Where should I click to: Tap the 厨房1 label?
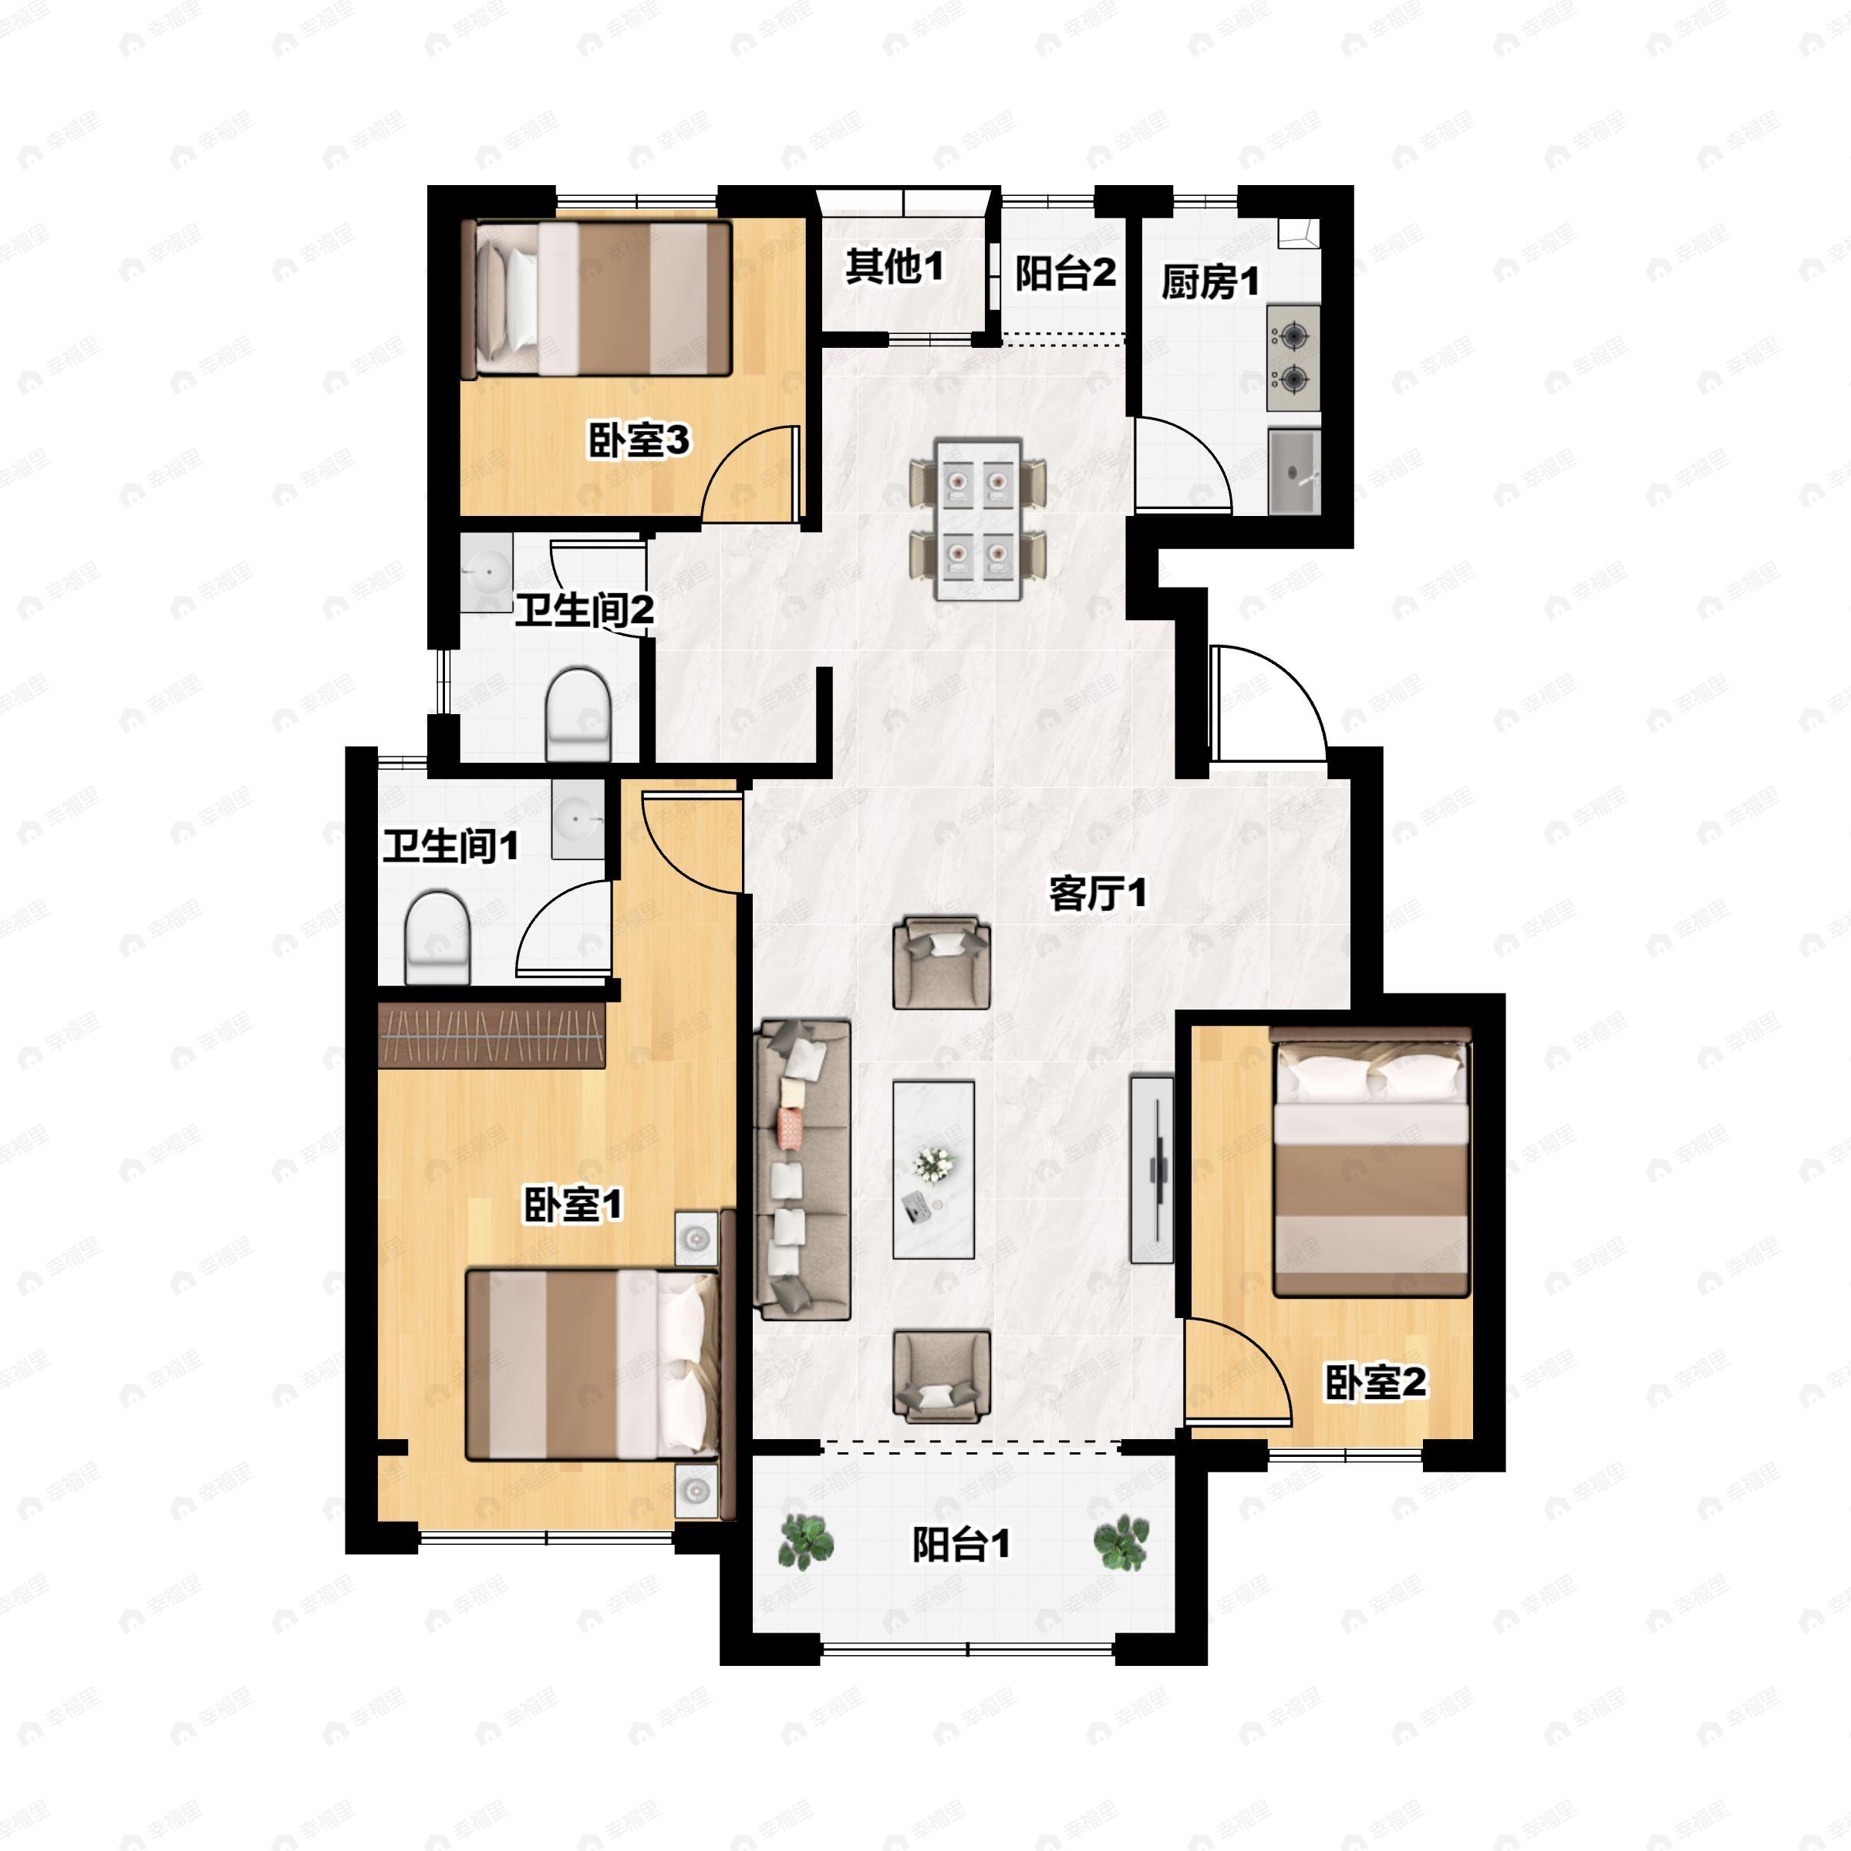click(1210, 282)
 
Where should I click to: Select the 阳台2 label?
click(1065, 273)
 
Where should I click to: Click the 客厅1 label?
click(1097, 894)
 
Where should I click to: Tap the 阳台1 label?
click(961, 1543)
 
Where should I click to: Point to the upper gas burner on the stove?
click(1293, 335)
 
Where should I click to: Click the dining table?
click(978, 521)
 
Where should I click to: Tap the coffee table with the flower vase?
click(933, 1170)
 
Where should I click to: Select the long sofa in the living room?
click(803, 1170)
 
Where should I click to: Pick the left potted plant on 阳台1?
click(804, 1542)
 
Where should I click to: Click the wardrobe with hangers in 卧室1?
click(493, 1035)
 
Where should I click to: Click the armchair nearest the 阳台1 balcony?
click(941, 1376)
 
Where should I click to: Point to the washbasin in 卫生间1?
click(578, 819)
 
